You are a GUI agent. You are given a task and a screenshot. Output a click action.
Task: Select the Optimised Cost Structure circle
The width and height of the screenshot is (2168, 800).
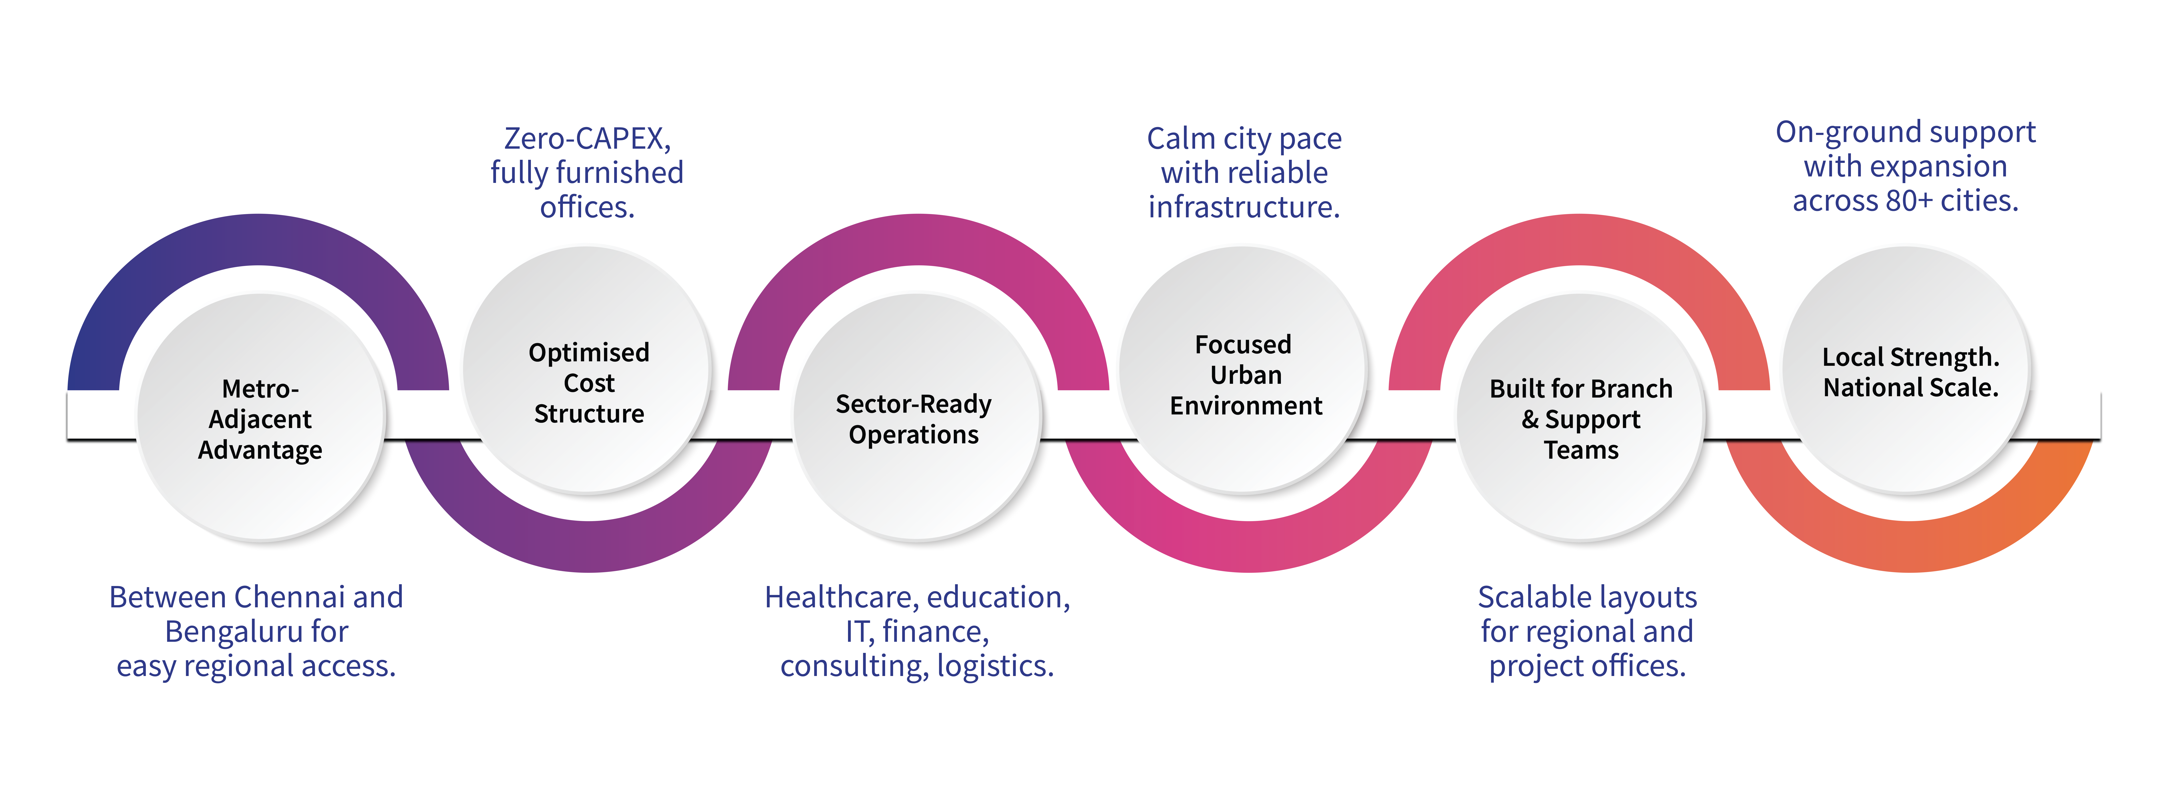pos(588,370)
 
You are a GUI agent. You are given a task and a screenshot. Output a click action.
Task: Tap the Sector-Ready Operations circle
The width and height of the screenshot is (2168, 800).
pos(914,418)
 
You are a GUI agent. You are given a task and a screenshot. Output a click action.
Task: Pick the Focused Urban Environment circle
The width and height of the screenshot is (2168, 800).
pos(1245,370)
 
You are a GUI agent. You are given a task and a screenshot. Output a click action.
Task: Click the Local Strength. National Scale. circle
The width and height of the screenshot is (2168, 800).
pos(1909,370)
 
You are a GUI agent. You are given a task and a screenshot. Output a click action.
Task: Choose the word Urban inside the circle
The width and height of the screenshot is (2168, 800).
pos(1246,375)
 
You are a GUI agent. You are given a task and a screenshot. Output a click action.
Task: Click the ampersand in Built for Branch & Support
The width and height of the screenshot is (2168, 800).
pos(1530,419)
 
